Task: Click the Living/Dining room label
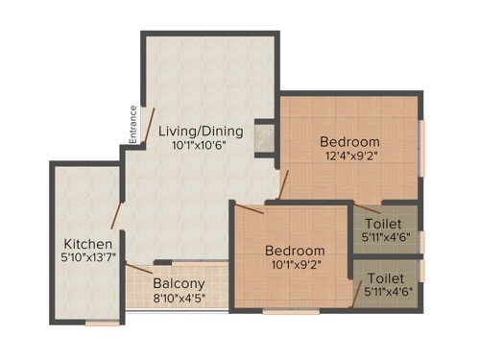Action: coord(201,131)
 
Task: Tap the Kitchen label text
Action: coord(87,243)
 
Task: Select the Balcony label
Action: coord(179,284)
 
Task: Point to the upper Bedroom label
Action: coord(349,141)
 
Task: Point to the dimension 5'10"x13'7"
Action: coord(88,258)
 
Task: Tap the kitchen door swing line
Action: coord(117,215)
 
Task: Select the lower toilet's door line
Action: coord(356,294)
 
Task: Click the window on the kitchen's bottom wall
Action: coord(102,324)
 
